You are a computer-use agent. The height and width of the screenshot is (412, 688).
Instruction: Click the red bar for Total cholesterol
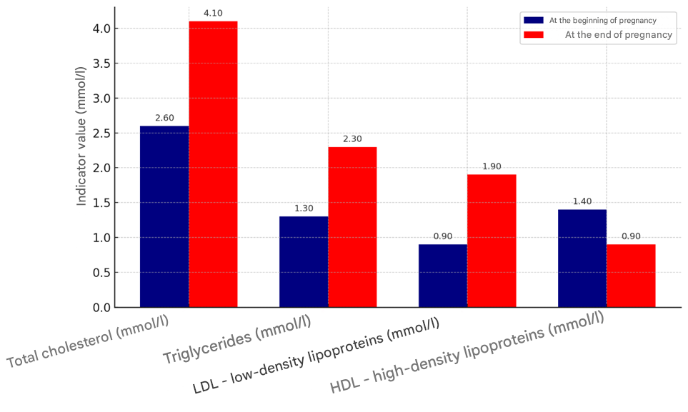pos(213,164)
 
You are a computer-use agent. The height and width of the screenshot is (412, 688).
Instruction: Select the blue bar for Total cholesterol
pos(164,216)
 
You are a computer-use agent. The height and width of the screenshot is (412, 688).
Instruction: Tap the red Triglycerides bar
pos(352,227)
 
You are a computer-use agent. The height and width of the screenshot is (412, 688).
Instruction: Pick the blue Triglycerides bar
pos(304,261)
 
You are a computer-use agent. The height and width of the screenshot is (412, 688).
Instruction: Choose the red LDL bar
pos(492,241)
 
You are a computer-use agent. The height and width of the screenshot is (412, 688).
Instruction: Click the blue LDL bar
pos(443,276)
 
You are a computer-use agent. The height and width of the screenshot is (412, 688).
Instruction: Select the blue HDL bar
pos(582,258)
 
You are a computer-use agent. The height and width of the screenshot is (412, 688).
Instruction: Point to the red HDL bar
pos(631,276)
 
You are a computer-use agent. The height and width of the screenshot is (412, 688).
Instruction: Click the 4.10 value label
pos(213,13)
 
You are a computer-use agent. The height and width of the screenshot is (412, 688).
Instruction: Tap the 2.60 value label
pos(164,118)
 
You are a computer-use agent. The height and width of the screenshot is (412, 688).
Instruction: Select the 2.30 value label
pos(352,139)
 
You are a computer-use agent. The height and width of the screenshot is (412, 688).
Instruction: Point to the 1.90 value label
pos(492,166)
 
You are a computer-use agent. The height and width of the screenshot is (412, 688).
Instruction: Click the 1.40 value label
pos(582,201)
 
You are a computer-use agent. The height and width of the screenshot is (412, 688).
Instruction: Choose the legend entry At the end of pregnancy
pos(618,34)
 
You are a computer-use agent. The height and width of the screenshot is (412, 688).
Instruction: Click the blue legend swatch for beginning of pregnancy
pos(534,20)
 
